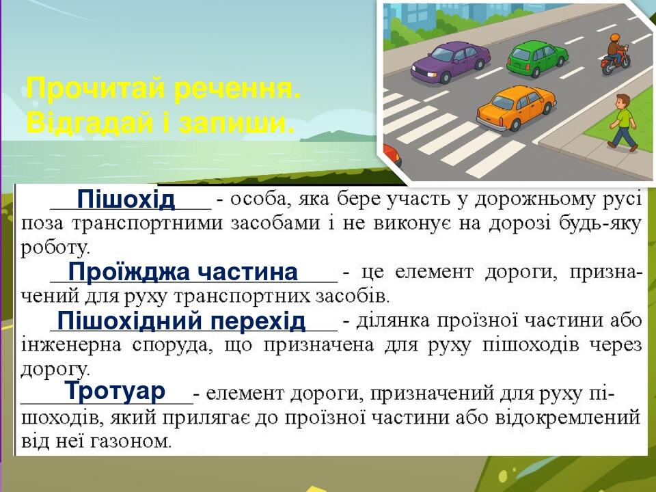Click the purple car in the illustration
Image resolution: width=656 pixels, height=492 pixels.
point(450,62)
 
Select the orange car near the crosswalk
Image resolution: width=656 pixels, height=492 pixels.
point(516,107)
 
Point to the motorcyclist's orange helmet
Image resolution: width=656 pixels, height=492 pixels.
point(614,38)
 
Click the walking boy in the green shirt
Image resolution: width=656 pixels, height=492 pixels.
point(623,122)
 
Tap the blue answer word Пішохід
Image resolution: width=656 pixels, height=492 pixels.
point(126,199)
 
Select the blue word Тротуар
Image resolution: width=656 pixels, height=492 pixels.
point(115,390)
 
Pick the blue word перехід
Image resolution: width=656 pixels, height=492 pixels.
point(258,322)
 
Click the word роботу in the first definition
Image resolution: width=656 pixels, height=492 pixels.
point(55,248)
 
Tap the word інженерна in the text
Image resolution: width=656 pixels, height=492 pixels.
point(70,345)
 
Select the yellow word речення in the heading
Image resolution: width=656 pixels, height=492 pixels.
point(237,89)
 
